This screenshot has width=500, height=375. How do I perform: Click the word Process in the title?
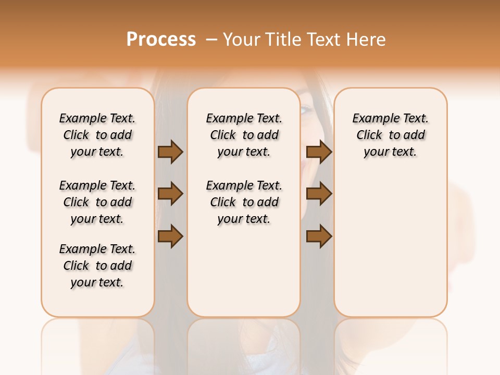tap(161, 40)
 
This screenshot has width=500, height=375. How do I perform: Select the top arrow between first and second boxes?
tap(170, 152)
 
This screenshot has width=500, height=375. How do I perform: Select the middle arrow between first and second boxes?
tap(170, 194)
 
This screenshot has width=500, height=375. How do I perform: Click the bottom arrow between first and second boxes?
tap(170, 236)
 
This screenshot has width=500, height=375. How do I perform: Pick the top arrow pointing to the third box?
tap(319, 152)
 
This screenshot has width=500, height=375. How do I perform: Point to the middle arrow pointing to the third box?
tap(319, 194)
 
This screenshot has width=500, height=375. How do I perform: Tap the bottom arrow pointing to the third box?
tap(319, 236)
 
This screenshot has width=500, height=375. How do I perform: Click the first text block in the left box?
tap(97, 135)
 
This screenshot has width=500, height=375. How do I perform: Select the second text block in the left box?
tap(97, 202)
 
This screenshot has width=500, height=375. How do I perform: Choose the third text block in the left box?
tap(97, 266)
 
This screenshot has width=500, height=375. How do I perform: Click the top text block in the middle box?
tap(244, 135)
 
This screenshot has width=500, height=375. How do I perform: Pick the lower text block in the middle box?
tap(244, 202)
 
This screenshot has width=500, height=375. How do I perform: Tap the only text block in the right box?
tap(391, 135)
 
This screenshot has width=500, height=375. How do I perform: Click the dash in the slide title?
tap(211, 40)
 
